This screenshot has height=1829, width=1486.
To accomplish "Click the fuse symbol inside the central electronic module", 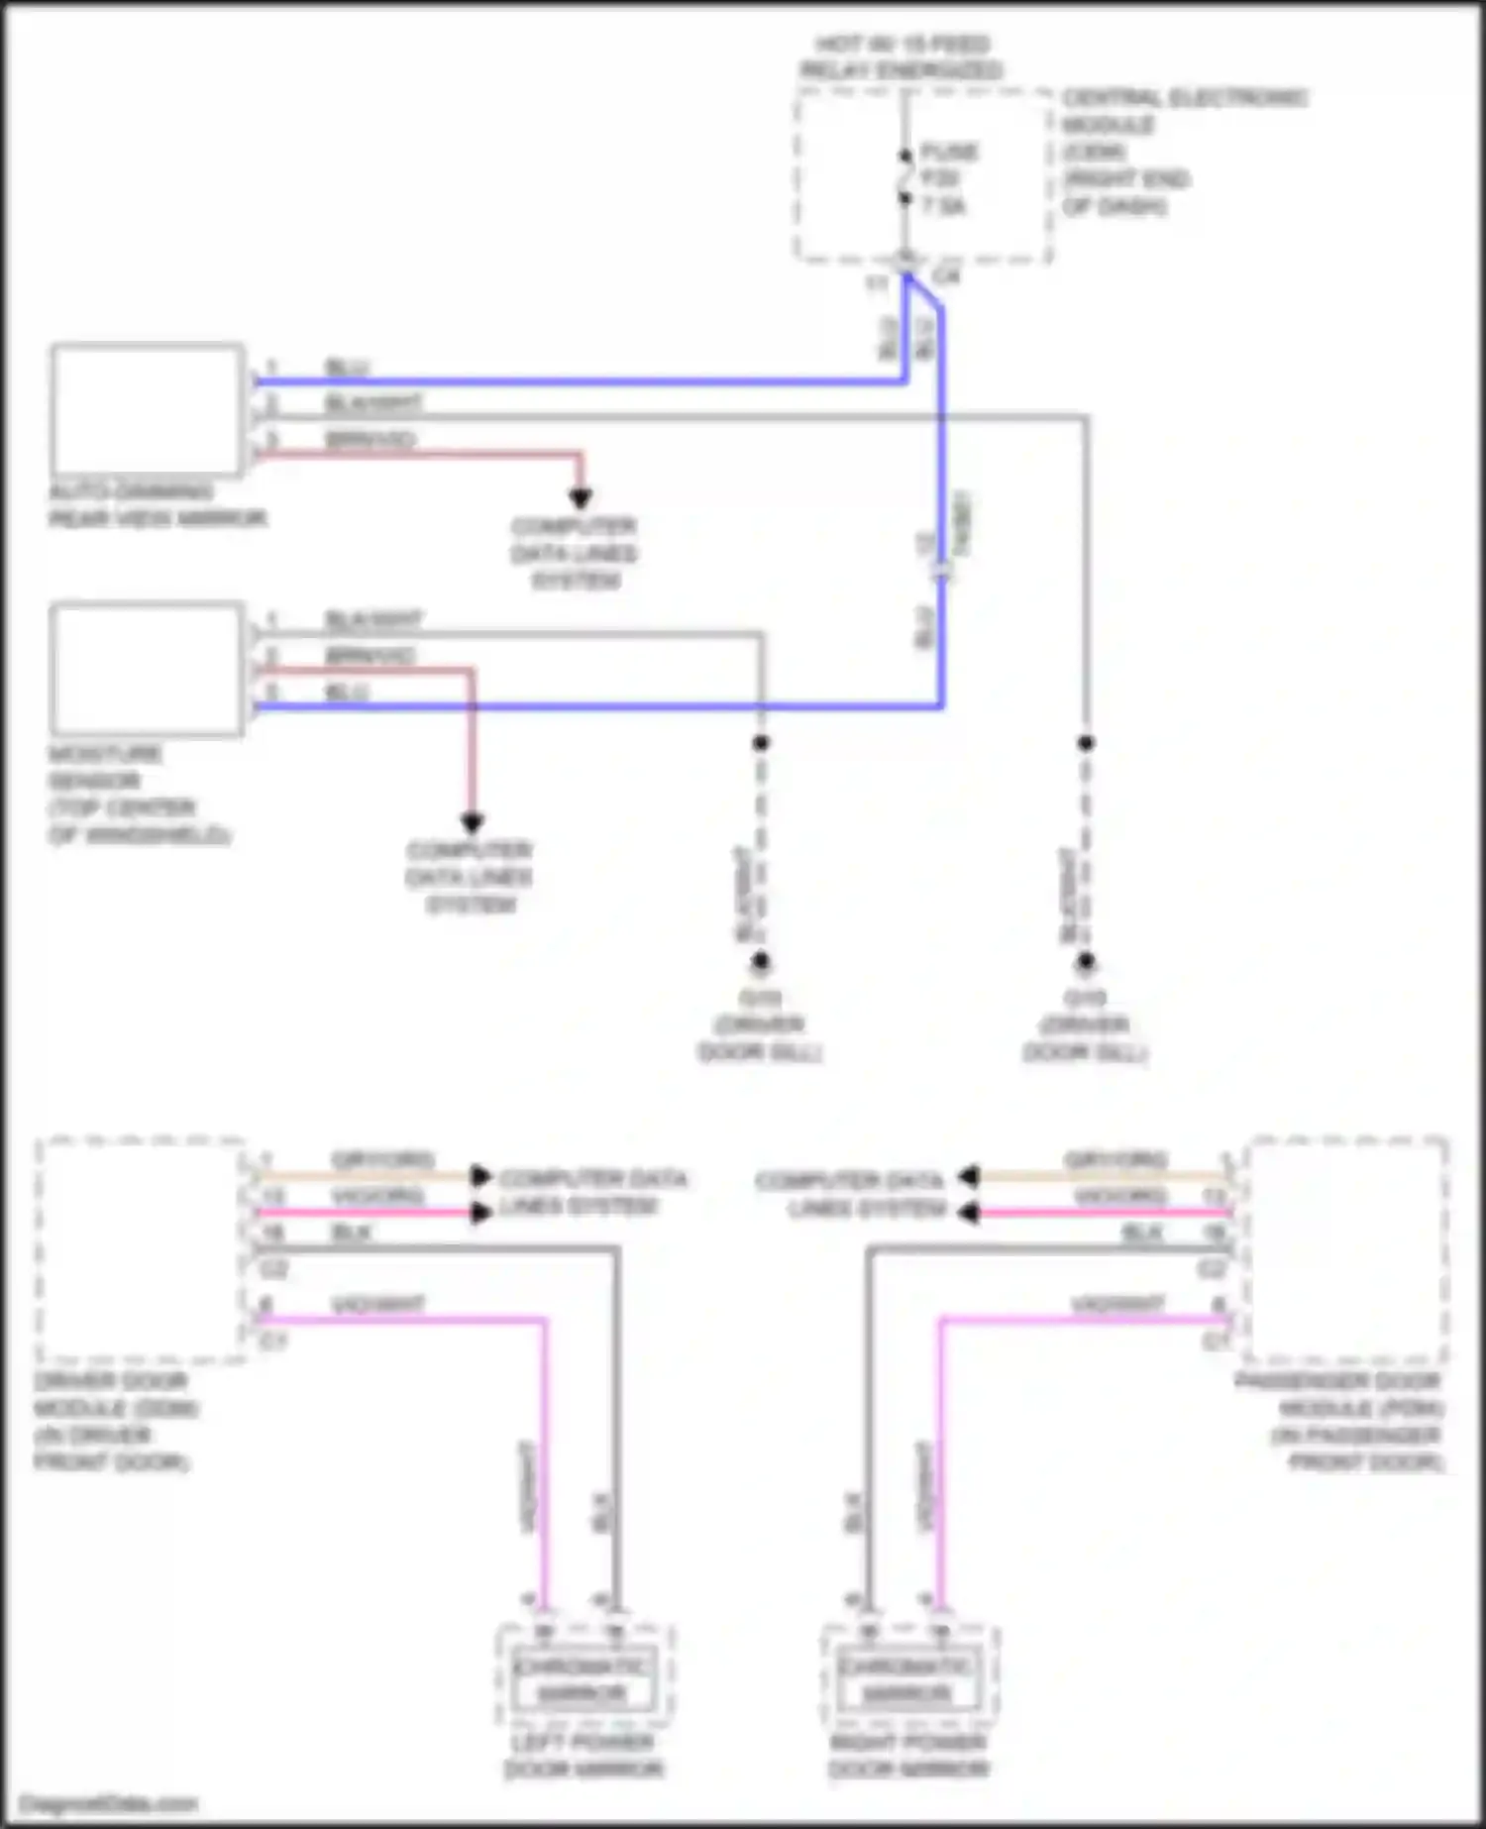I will [x=904, y=178].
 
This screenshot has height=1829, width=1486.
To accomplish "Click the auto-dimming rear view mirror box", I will [x=148, y=409].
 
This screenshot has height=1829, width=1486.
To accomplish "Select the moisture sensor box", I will [x=148, y=670].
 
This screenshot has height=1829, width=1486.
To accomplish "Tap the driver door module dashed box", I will [x=140, y=1249].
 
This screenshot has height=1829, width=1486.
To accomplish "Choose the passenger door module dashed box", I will [x=1347, y=1249].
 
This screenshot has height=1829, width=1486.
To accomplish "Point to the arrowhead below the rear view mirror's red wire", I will [x=581, y=498].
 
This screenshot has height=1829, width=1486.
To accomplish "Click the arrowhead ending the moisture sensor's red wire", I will [x=472, y=822].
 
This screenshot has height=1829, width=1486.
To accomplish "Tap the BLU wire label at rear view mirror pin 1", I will [x=347, y=369].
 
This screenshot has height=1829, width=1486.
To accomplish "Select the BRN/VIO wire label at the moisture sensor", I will [x=371, y=655].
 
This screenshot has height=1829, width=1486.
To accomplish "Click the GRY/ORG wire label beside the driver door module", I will [x=382, y=1159].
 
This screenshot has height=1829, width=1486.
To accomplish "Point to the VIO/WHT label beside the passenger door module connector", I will [x=1116, y=1304].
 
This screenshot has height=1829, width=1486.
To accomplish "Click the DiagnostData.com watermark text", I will [x=109, y=1803].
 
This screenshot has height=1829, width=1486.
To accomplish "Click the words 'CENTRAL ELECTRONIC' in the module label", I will [x=1185, y=98].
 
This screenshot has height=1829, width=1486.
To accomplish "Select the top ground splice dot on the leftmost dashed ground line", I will [x=760, y=743].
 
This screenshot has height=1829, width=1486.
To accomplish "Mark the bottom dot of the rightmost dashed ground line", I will [x=1086, y=961].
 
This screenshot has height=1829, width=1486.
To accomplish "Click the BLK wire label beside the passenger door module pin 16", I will [x=1141, y=1233].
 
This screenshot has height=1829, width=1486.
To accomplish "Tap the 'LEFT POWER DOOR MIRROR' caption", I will [x=583, y=1755].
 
